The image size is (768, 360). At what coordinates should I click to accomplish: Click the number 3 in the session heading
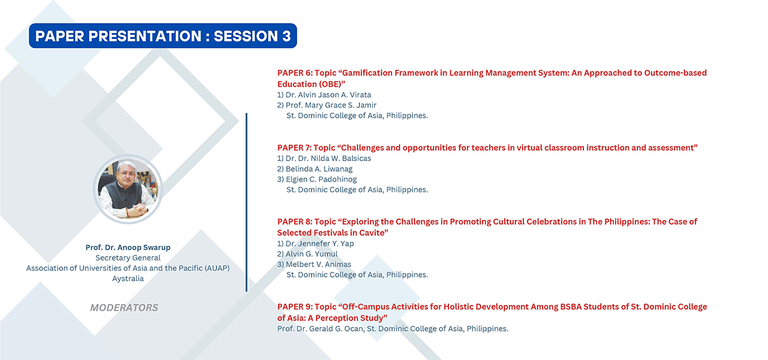(286, 36)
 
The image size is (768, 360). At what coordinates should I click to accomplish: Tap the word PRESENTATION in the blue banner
(145, 36)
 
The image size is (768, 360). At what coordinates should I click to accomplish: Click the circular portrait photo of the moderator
(128, 189)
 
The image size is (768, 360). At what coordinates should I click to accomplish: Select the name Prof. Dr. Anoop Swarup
(128, 247)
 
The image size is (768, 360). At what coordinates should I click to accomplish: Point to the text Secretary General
(128, 258)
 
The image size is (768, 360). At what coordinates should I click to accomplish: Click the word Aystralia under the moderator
(128, 278)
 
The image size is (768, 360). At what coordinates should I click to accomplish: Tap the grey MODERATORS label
(124, 307)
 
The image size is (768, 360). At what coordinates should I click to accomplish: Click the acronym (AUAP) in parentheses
(217, 268)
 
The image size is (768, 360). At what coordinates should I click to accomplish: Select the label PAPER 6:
(295, 72)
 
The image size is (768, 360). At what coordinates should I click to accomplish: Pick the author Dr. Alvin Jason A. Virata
(328, 95)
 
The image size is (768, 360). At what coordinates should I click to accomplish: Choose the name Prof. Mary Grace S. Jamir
(331, 105)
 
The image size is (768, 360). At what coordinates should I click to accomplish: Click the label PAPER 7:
(295, 147)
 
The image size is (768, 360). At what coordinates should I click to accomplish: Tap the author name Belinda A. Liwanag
(319, 169)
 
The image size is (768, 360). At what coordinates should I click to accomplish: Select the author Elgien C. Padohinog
(321, 179)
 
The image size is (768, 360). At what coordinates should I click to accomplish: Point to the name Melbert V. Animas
(318, 264)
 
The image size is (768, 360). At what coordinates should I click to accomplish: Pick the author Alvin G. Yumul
(312, 253)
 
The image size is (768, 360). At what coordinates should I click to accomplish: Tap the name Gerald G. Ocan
(336, 328)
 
